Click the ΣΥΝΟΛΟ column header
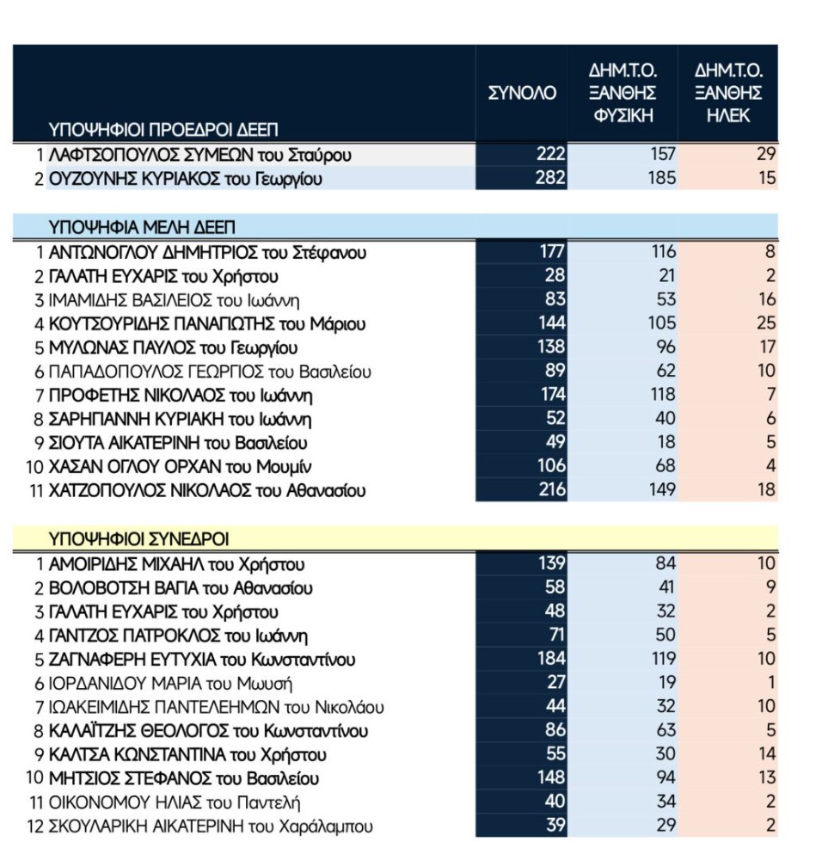pyautogui.click(x=522, y=93)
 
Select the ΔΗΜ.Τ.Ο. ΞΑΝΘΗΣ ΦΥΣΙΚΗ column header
pyautogui.click(x=623, y=93)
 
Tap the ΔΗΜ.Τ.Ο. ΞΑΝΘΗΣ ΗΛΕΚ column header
pyautogui.click(x=728, y=93)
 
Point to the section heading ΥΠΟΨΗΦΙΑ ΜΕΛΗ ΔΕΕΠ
pyautogui.click(x=143, y=228)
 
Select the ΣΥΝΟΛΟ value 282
pyautogui.click(x=550, y=178)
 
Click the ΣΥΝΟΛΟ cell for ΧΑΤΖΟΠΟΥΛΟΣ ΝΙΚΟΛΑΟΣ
pyautogui.click(x=550, y=490)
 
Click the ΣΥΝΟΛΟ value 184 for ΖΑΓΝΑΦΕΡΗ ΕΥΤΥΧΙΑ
pyautogui.click(x=550, y=660)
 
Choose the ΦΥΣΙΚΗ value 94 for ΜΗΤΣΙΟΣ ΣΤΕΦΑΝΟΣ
pyautogui.click(x=664, y=779)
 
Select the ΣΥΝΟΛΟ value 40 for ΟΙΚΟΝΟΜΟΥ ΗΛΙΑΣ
pyautogui.click(x=555, y=802)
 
